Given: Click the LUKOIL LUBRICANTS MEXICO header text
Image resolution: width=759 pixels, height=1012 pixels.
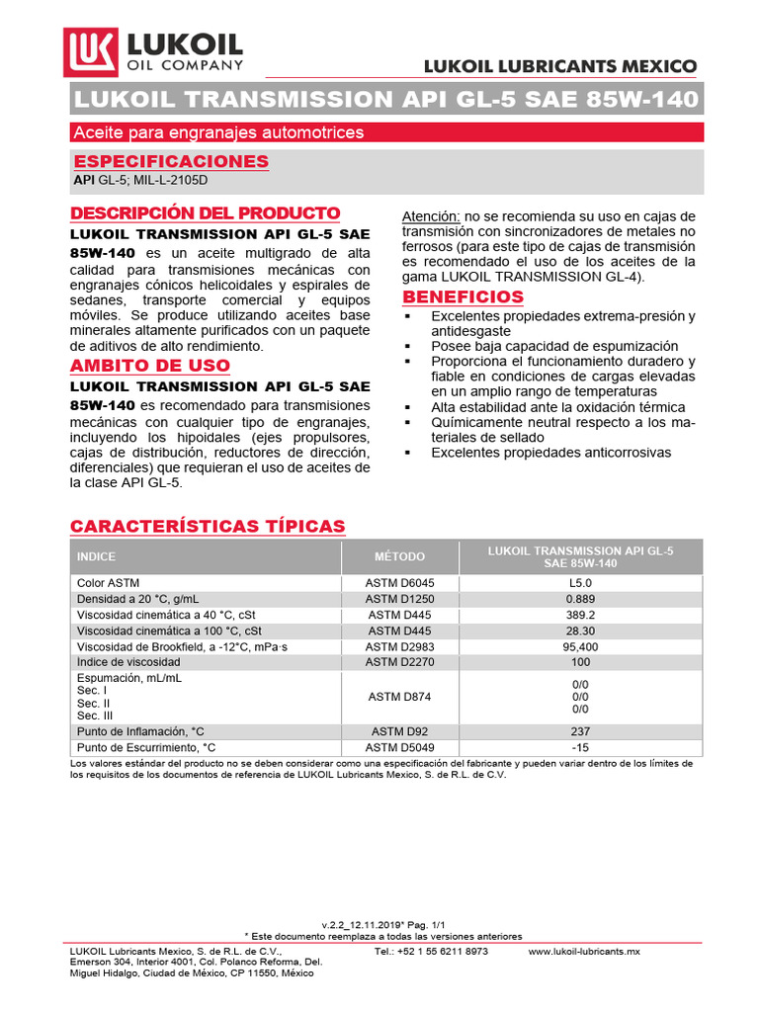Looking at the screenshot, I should [559, 66].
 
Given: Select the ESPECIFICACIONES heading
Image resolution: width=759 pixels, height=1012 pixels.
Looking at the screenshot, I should [171, 161].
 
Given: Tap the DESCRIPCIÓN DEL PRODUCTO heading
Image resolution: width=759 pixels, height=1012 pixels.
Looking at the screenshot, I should [206, 213].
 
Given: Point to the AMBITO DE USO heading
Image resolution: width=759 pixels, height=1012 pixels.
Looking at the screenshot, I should [149, 366].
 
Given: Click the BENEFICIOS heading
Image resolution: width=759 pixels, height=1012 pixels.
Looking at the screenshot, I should [463, 296].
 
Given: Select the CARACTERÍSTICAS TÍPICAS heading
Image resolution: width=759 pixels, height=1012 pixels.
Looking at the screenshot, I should [208, 525].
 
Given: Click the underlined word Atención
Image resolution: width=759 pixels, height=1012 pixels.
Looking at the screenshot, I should [431, 216].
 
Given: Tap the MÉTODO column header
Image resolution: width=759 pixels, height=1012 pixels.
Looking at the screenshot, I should [399, 556].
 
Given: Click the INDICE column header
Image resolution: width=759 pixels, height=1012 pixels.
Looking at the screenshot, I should [96, 556].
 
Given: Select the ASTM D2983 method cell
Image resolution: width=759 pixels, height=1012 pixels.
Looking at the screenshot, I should [399, 646].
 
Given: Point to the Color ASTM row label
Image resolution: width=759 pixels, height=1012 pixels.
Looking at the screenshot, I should [108, 583].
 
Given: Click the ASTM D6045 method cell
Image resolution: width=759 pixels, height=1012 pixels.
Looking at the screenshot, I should [399, 583].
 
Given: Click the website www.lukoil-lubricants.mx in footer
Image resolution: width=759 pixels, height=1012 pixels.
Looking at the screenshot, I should [585, 951].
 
